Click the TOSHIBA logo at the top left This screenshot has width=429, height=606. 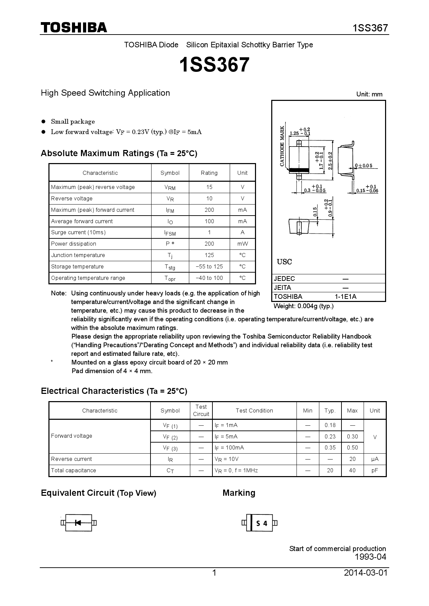click(74, 28)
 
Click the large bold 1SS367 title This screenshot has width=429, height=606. click(214, 65)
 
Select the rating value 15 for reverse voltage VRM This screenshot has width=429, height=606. click(209, 187)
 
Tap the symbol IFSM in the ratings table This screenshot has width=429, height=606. click(170, 233)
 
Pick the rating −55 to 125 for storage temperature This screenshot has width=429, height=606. click(209, 266)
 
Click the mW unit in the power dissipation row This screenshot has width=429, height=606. click(243, 244)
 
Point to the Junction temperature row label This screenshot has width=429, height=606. click(78, 255)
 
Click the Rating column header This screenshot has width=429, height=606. click(209, 173)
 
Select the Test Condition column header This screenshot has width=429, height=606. click(254, 410)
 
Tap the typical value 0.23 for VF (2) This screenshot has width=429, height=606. click(330, 436)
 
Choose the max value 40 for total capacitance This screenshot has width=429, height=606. click(352, 470)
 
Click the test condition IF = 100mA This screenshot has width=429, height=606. click(229, 448)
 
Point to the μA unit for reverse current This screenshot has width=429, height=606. click(375, 459)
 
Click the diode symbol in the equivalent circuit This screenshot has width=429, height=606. click(78, 523)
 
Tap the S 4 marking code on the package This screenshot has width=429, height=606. click(262, 523)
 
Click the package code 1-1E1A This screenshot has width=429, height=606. click(345, 296)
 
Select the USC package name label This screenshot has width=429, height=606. click(284, 262)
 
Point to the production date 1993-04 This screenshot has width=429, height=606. click(370, 557)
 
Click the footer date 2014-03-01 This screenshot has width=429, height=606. click(366, 573)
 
